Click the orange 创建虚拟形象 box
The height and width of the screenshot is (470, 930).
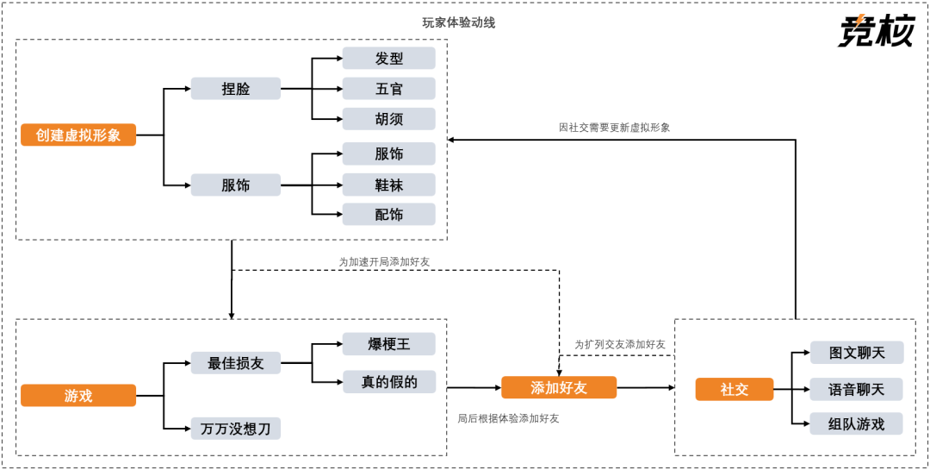tap(78, 135)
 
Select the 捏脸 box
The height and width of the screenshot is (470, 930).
tap(235, 88)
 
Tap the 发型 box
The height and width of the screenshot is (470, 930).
tap(388, 59)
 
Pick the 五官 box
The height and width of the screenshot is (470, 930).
tap(388, 89)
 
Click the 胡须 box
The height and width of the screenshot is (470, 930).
tap(388, 119)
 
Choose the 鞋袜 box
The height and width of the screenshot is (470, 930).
tap(388, 185)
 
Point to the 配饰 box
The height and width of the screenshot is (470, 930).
tap(388, 215)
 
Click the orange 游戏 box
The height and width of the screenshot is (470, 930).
tap(78, 396)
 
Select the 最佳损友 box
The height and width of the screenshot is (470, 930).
tap(235, 363)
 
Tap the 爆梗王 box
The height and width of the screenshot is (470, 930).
tap(388, 344)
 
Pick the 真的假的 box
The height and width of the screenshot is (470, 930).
tap(388, 381)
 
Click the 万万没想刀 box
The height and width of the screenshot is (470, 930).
tap(235, 429)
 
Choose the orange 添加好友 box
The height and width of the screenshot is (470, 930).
tap(559, 387)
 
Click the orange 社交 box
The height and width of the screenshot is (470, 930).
tap(734, 390)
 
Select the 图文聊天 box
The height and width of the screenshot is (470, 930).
tap(857, 353)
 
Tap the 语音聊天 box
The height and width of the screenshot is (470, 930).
tap(857, 389)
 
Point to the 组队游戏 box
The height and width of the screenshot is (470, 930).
tap(857, 424)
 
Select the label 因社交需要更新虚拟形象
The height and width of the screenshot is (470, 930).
tap(614, 127)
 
